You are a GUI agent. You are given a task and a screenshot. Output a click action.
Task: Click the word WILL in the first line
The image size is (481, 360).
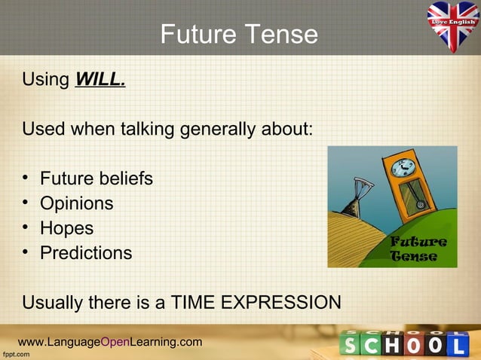pyautogui.click(x=100, y=79)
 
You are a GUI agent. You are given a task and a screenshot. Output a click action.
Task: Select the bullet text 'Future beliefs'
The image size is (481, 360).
pyautogui.click(x=96, y=178)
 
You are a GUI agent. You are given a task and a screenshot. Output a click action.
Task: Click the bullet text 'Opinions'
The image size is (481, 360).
pyautogui.click(x=76, y=203)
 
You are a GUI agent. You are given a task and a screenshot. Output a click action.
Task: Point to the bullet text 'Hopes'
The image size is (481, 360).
pyautogui.click(x=66, y=228)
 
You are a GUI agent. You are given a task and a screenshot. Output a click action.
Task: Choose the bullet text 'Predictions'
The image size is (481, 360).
pyautogui.click(x=85, y=253)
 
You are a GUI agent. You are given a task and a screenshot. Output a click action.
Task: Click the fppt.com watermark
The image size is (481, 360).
pyautogui.click(x=15, y=354)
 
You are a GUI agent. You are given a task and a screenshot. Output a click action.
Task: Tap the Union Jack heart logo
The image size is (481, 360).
pyautogui.click(x=453, y=24)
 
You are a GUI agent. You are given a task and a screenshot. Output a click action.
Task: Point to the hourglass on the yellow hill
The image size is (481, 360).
pyautogui.click(x=353, y=197)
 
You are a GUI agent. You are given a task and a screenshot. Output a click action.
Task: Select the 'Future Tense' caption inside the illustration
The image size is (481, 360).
pyautogui.click(x=417, y=249)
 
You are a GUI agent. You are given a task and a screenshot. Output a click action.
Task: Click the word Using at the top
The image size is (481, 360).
pyautogui.click(x=46, y=79)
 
